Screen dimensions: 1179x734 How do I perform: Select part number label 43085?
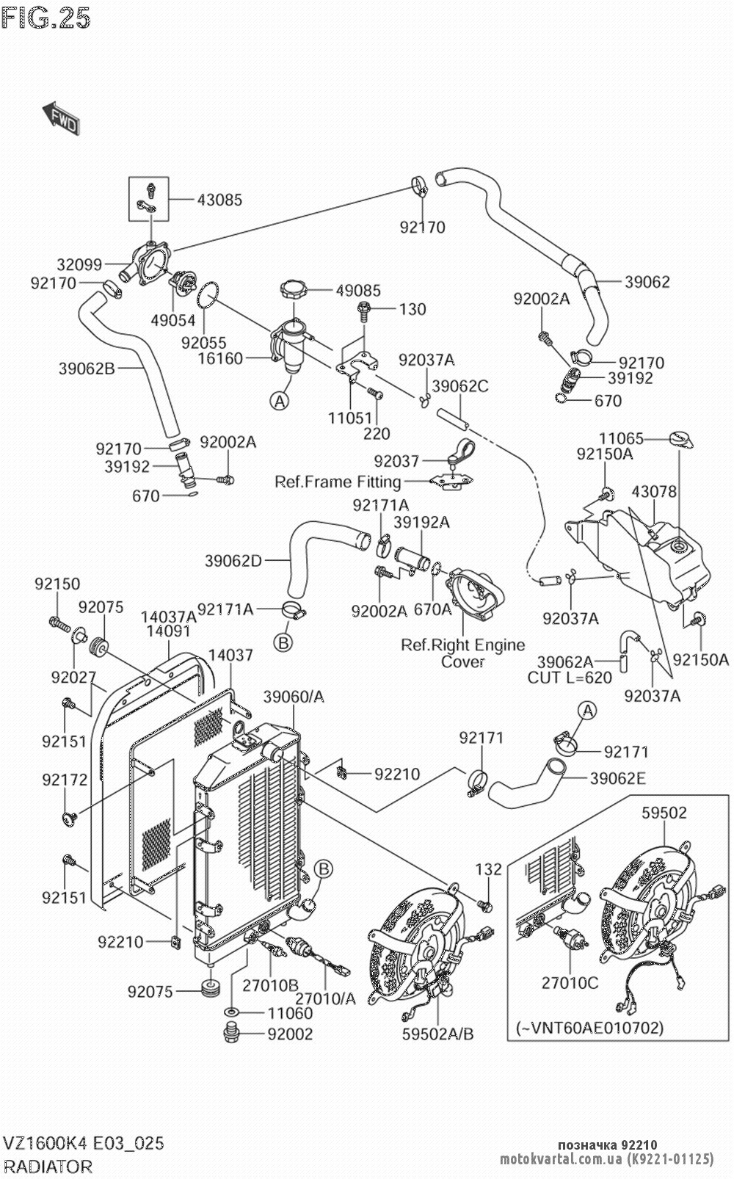tap(219, 200)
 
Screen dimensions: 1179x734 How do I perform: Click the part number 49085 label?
tap(358, 291)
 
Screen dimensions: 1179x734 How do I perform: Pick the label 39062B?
tap(87, 369)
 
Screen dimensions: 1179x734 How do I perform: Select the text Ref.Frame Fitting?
tap(338, 482)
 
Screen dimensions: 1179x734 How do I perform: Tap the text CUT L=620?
tap(570, 678)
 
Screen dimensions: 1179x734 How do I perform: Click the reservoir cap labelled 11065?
tap(680, 439)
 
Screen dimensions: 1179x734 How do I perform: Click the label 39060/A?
tap(294, 697)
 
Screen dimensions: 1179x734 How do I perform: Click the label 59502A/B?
tap(437, 1034)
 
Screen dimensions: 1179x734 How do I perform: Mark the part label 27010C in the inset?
tap(570, 982)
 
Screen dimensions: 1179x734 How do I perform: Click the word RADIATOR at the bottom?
tap(48, 1167)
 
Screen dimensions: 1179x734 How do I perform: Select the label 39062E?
tap(618, 778)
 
